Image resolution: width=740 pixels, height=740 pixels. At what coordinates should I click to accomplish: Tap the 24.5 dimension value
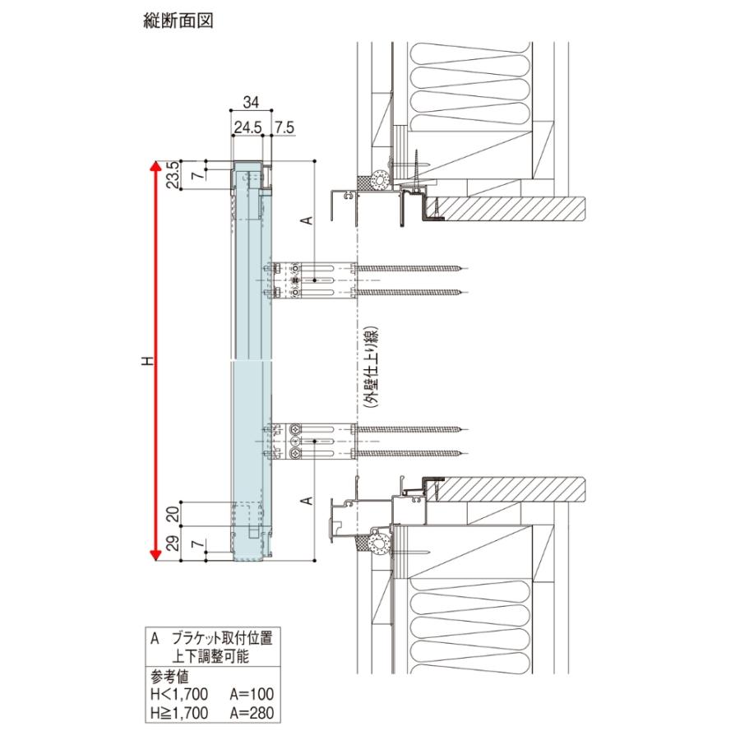click(247, 128)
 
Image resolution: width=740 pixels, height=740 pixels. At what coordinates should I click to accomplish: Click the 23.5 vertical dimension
click(173, 174)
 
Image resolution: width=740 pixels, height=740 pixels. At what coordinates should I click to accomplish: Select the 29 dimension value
click(173, 543)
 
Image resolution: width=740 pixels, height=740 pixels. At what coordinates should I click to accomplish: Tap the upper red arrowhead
click(154, 167)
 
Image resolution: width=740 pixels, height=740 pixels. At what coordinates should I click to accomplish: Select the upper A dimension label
click(304, 220)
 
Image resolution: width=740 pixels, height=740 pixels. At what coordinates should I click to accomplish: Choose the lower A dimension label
click(304, 500)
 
